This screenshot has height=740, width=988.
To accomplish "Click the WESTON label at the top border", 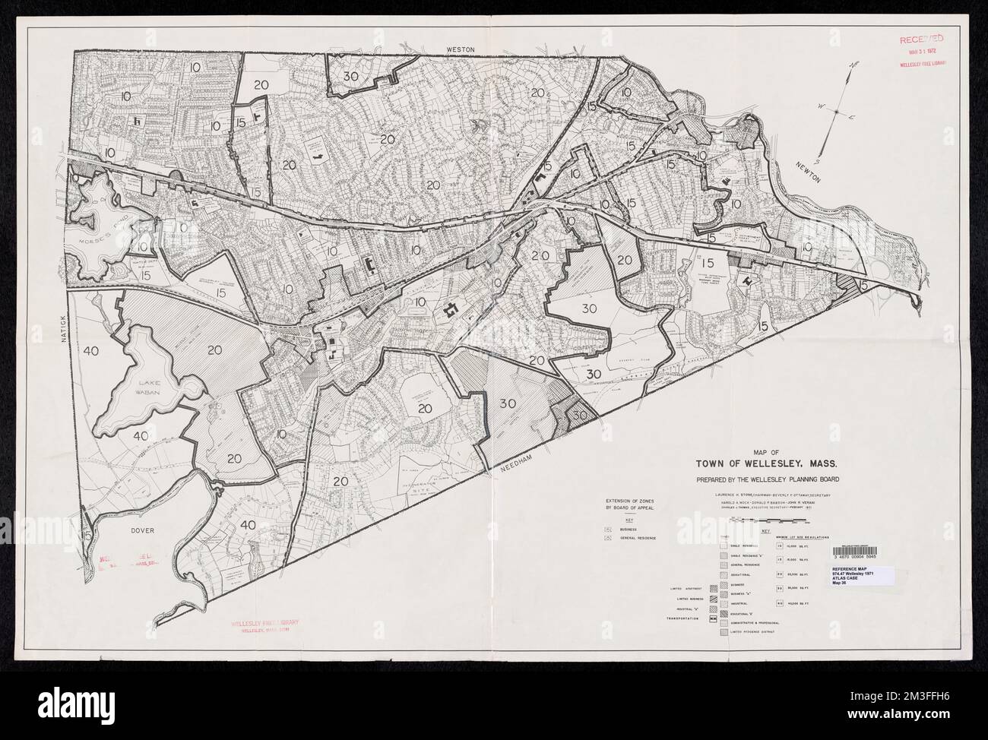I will pyautogui.click(x=460, y=49).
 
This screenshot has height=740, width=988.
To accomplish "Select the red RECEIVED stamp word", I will pyautogui.click(x=922, y=38).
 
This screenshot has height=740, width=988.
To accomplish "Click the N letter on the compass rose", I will pyautogui.click(x=853, y=67).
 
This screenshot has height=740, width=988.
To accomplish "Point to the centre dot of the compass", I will pyautogui.click(x=836, y=111).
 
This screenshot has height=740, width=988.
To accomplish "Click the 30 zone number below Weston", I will pyautogui.click(x=351, y=76).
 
